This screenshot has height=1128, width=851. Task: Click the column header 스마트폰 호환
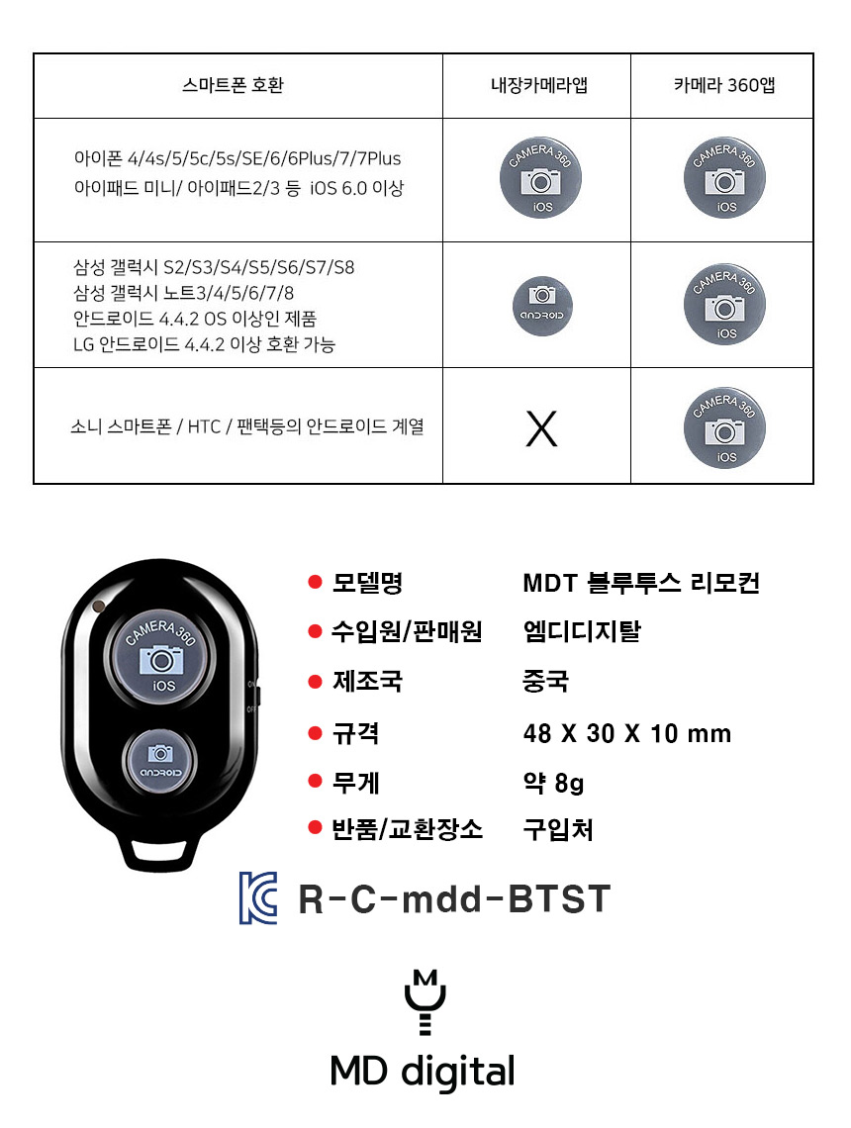234,85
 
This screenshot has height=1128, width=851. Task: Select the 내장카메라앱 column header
538,85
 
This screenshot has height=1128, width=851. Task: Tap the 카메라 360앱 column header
724,85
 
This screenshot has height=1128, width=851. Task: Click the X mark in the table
541,428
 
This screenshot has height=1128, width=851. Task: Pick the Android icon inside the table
542,306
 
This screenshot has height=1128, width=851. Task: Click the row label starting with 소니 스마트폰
246,426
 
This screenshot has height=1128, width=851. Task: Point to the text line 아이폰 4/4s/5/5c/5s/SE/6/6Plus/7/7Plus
237,158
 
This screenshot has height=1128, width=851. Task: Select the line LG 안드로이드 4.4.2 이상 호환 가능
204,344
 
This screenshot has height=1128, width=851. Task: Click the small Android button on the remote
159,762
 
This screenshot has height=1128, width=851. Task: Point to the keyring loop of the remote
159,853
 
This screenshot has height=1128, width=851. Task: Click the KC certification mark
258,897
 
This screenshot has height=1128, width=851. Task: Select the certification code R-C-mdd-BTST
454,899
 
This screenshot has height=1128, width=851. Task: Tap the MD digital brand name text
423,1072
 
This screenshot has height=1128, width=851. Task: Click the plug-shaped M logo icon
425,1002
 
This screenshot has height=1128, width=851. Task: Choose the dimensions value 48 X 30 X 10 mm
626,734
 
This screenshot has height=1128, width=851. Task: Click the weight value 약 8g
553,782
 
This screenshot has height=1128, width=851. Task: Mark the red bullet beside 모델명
315,582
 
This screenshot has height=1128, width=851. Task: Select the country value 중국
546,681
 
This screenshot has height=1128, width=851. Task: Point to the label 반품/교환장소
407,829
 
